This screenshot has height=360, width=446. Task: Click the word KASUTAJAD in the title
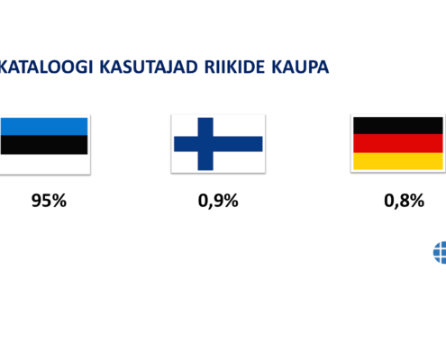[x=149, y=67]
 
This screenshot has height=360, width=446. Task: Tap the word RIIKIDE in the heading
[x=234, y=67]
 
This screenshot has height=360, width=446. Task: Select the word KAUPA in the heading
[x=300, y=67]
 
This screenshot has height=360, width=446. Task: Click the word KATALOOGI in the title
[x=46, y=67]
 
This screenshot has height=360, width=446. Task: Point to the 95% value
[x=49, y=201]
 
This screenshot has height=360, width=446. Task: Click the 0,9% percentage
[x=218, y=201]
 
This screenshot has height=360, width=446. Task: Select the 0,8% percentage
[x=404, y=201]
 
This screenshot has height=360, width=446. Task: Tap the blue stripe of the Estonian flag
[x=44, y=126]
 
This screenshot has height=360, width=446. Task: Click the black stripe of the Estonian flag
[x=44, y=145]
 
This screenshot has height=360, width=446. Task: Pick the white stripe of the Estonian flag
[x=44, y=163]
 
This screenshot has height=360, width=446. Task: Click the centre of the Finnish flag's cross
[x=205, y=144]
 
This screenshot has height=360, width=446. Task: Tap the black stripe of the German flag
[x=398, y=126]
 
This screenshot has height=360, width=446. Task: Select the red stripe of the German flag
[x=398, y=143]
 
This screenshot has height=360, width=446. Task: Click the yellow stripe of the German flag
[x=398, y=161]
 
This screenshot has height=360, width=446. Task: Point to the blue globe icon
[x=440, y=253]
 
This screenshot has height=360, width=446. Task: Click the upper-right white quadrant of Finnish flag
[x=238, y=127]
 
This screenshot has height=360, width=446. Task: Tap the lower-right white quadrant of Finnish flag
[x=238, y=161]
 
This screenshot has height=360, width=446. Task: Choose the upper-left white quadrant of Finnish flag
[x=186, y=127]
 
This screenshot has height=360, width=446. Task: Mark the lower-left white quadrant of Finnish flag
[x=186, y=161]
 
